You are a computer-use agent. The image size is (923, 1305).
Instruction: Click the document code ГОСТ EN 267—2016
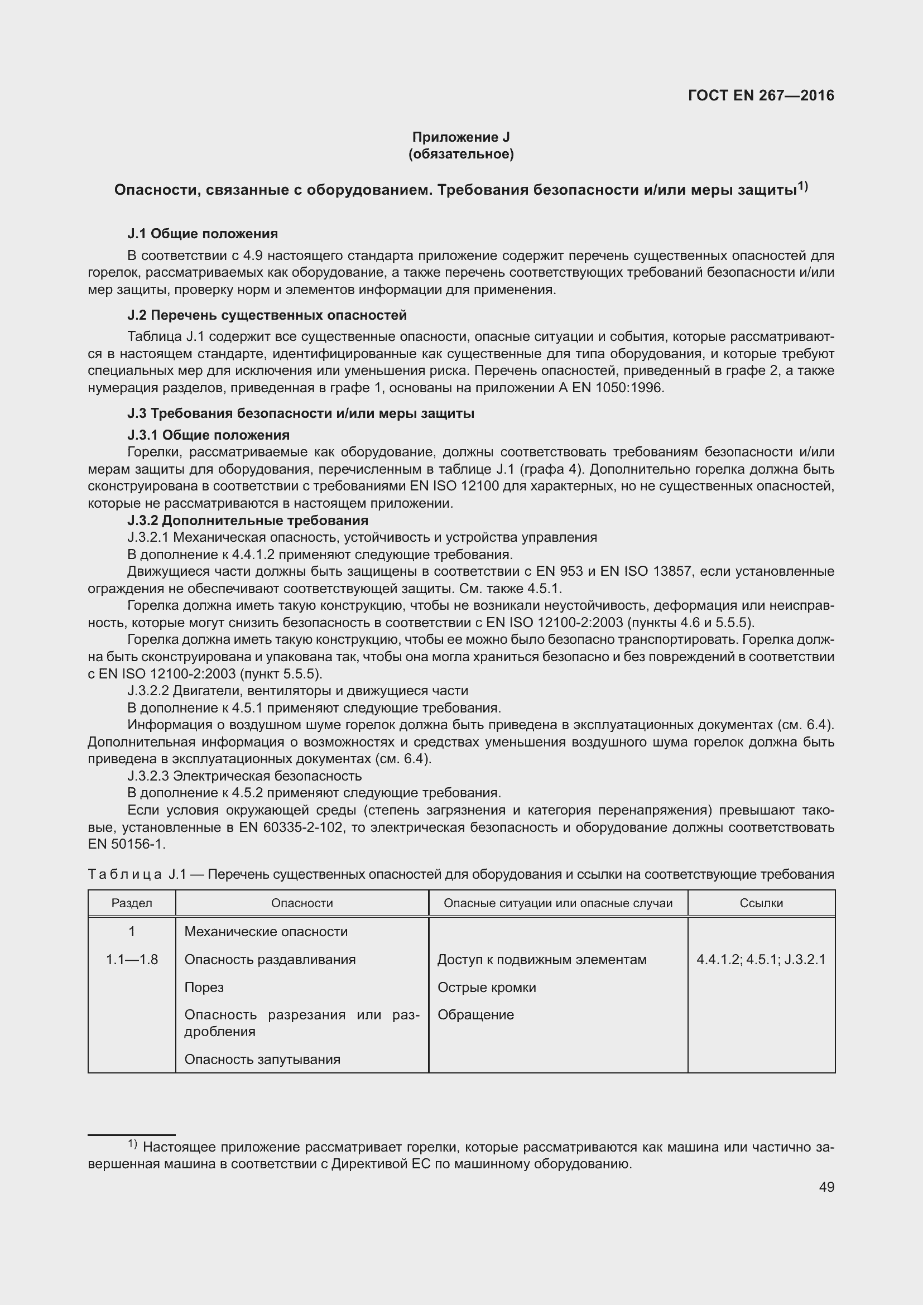click(x=761, y=95)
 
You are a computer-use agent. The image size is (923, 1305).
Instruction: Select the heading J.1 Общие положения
click(x=203, y=234)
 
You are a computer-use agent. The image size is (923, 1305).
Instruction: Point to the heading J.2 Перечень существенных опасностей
click(x=267, y=315)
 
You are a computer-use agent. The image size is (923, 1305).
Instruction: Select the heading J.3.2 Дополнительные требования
click(x=248, y=520)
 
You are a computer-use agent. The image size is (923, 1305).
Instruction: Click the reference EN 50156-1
click(x=126, y=844)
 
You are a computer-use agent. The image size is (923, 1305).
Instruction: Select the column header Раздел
click(x=132, y=903)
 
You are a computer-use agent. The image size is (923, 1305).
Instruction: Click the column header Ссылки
click(x=761, y=903)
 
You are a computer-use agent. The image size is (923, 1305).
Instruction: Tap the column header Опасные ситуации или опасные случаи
click(x=557, y=903)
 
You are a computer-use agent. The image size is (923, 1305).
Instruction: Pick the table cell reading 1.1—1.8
click(x=132, y=960)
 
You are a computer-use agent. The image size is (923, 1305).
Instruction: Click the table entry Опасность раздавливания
click(x=270, y=960)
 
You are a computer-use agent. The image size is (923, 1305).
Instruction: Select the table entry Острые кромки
click(x=487, y=988)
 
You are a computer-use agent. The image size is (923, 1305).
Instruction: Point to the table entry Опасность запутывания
click(x=262, y=1059)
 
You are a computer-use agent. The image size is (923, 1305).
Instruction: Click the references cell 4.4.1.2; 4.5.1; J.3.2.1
click(x=761, y=960)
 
